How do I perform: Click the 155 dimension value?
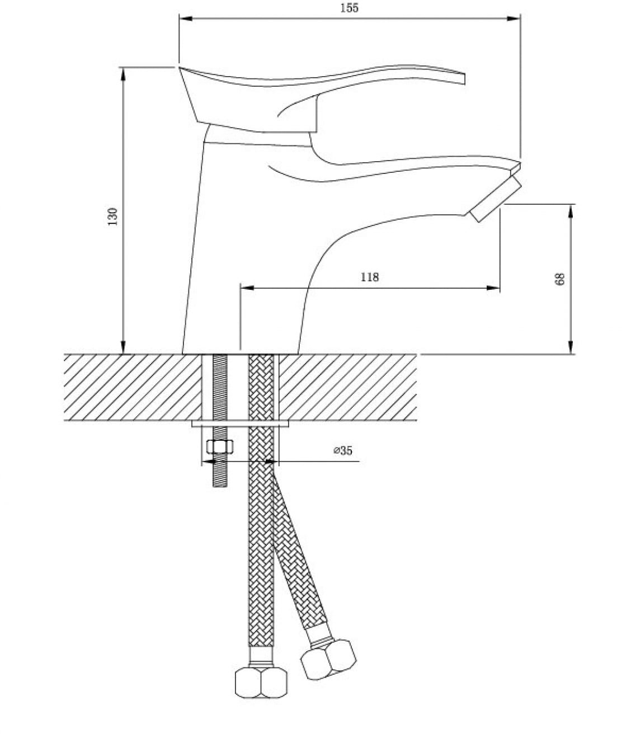pos(350,8)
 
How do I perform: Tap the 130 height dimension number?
pos(112,217)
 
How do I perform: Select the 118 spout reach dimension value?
pos(370,277)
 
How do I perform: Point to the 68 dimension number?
pos(560,279)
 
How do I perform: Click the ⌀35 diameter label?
pos(343,450)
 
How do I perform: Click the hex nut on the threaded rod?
pos(220,446)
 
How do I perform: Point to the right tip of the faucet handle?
pos(464,79)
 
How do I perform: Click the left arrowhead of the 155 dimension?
pos(185,18)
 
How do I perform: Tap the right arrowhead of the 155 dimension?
pos(513,18)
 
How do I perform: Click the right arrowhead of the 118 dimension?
pos(493,288)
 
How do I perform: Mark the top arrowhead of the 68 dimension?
pos(571,211)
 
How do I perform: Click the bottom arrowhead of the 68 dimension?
pos(571,347)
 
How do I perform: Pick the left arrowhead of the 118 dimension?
pos(247,288)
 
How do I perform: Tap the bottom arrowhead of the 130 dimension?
pos(123,347)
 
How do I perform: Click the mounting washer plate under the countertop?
pos(241,424)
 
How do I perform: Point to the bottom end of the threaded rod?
pos(220,487)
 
